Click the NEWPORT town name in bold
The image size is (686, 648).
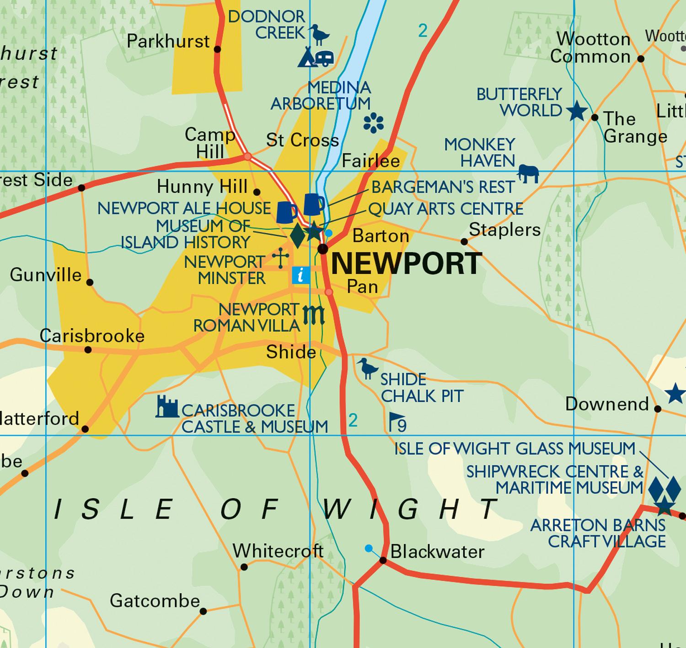pyautogui.click(x=406, y=264)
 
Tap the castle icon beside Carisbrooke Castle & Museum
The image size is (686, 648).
pyautogui.click(x=166, y=407)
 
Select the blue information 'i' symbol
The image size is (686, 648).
pyautogui.click(x=301, y=275)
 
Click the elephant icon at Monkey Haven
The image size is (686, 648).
pyautogui.click(x=528, y=174)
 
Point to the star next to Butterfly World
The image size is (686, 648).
pyautogui.click(x=577, y=111)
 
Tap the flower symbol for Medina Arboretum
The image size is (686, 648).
pyautogui.click(x=373, y=123)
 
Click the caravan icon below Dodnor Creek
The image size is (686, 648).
pyautogui.click(x=324, y=59)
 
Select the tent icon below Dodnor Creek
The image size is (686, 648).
pyautogui.click(x=306, y=58)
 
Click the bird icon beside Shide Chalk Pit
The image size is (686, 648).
pyautogui.click(x=367, y=368)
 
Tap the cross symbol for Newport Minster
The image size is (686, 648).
pyautogui.click(x=280, y=258)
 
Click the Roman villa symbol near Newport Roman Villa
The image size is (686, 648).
pyautogui.click(x=314, y=315)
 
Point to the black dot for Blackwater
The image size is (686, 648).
pyautogui.click(x=383, y=561)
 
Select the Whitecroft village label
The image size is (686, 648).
pyautogui.click(x=278, y=551)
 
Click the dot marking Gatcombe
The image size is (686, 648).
pyautogui.click(x=203, y=611)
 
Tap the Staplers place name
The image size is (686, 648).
pyautogui.click(x=504, y=229)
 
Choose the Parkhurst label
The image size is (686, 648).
pyautogui.click(x=168, y=41)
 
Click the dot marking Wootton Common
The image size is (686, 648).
pyautogui.click(x=641, y=59)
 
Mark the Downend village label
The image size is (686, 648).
pyautogui.click(x=607, y=404)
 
